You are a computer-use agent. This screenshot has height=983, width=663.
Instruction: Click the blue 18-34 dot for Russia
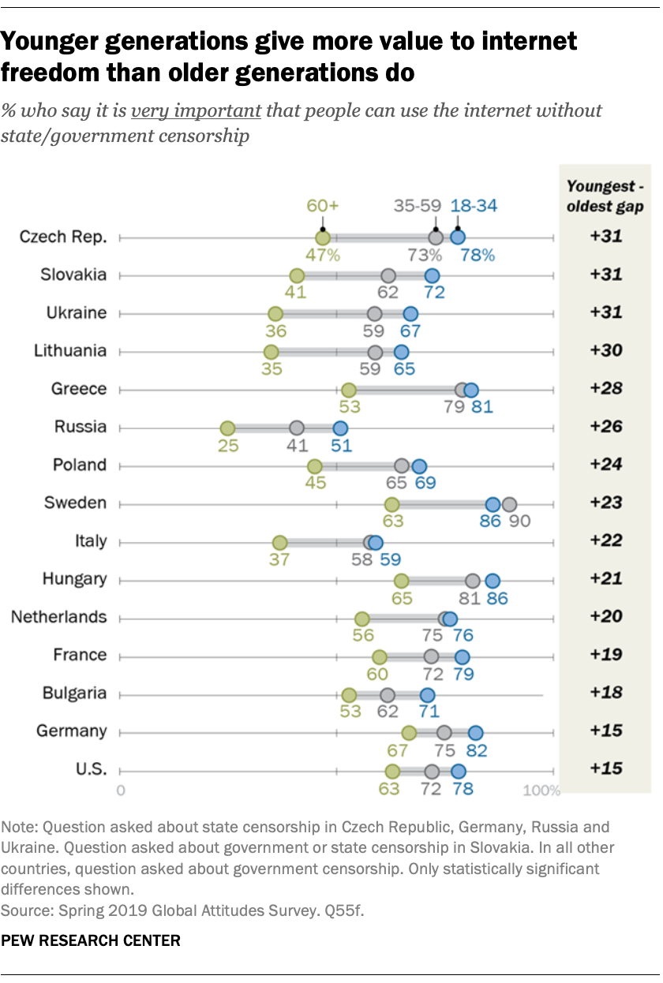pyautogui.click(x=340, y=428)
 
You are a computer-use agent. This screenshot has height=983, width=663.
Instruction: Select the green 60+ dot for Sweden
pyautogui.click(x=391, y=505)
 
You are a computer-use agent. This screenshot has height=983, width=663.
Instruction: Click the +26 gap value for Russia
pyautogui.click(x=605, y=427)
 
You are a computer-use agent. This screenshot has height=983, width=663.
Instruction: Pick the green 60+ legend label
pyautogui.click(x=323, y=206)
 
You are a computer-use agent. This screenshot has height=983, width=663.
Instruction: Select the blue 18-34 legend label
pyautogui.click(x=474, y=206)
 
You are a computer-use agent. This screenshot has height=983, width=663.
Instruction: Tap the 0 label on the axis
pyautogui.click(x=121, y=790)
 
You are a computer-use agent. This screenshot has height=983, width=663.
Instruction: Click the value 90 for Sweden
pyautogui.click(x=519, y=521)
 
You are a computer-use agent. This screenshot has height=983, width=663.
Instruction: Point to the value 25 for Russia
pyautogui.click(x=227, y=445)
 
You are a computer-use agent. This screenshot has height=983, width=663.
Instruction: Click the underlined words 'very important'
pyautogui.click(x=196, y=110)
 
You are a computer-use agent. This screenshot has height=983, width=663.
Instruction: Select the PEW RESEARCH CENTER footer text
pyautogui.click(x=91, y=940)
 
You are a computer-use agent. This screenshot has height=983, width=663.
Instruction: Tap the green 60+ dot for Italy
pyautogui.click(x=279, y=543)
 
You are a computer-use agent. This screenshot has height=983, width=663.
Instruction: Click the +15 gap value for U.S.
pyautogui.click(x=605, y=768)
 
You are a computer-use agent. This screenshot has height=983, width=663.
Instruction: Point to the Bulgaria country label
pyautogui.click(x=74, y=693)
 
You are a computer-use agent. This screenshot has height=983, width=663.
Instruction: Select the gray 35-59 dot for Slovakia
pyautogui.click(x=388, y=276)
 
